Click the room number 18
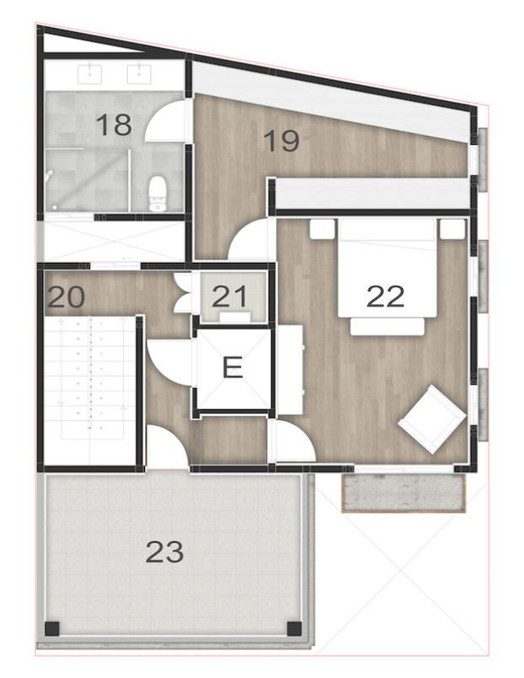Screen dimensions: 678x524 114,125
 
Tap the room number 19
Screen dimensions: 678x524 281,141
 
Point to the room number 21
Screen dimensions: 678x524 228,296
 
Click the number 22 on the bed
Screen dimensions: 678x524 386,295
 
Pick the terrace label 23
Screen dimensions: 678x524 164,553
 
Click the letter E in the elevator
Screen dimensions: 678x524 232,367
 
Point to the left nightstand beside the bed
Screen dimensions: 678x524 321,227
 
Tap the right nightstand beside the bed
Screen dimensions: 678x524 452,227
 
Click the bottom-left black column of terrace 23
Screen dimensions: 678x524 52,627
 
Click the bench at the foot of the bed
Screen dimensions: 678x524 387,325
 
